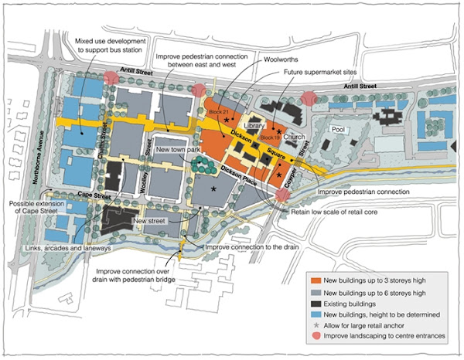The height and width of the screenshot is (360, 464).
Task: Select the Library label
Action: [x=254, y=124]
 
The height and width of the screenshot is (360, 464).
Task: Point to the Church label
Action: [x=293, y=137]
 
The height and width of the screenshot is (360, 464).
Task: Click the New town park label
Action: [x=176, y=149]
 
